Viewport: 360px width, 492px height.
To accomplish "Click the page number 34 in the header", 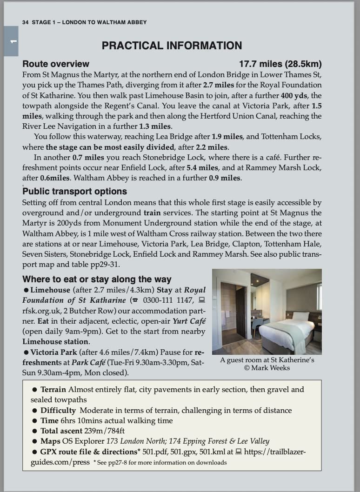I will (x=26, y=22).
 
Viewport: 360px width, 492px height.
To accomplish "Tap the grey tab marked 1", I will (x=11, y=41).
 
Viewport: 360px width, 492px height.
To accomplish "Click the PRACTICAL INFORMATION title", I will (x=172, y=46).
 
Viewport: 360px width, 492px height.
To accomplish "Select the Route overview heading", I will (x=56, y=64).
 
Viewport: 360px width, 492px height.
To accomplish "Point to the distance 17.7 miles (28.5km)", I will (x=280, y=64).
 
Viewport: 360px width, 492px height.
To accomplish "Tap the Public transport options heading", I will (x=74, y=192).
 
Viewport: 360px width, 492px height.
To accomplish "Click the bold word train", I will (x=153, y=213).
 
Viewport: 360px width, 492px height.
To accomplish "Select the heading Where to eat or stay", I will (x=97, y=279).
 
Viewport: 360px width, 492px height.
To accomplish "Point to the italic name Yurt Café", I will (x=189, y=321).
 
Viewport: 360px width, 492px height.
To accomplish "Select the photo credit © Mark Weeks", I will (x=267, y=368).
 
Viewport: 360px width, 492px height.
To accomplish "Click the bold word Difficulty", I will (x=58, y=410).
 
